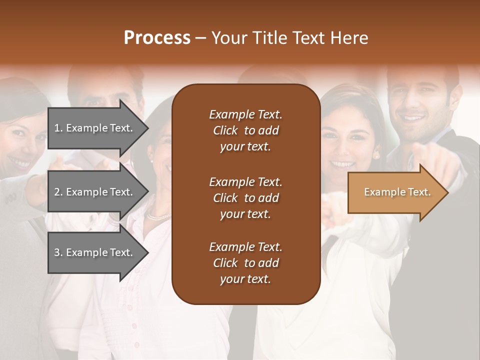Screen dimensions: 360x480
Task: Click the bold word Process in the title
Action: pos(157,38)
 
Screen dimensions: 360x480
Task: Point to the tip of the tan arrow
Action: pos(447,192)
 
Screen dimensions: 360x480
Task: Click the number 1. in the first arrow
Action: pos(58,128)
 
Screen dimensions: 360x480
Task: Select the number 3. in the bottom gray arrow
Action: pos(58,252)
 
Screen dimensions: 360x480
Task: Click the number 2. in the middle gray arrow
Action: pos(58,192)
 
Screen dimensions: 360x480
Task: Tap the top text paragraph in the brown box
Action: pos(245,130)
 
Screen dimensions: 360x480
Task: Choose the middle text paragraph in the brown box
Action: pos(245,198)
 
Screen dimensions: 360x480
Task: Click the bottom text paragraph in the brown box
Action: pos(245,263)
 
